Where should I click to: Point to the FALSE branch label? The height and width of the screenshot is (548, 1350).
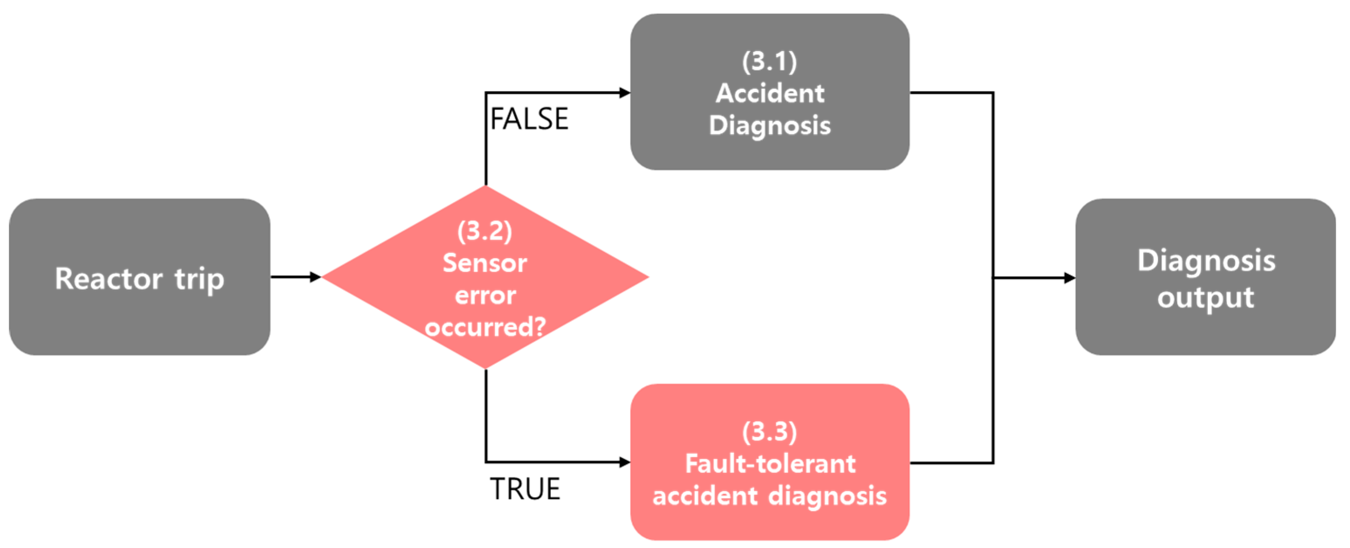pyautogui.click(x=529, y=119)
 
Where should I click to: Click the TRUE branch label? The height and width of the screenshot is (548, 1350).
pyautogui.click(x=525, y=489)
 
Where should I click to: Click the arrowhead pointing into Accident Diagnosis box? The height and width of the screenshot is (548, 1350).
pyautogui.click(x=624, y=93)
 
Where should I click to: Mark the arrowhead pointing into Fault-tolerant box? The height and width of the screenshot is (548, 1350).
pyautogui.click(x=624, y=462)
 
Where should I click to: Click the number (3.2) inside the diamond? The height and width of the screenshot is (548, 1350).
pyautogui.click(x=485, y=231)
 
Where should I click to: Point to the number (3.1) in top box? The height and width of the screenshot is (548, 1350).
pyautogui.click(x=769, y=62)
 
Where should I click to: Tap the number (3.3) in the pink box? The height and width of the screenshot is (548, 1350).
pyautogui.click(x=769, y=431)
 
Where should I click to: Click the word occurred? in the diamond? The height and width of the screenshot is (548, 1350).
pyautogui.click(x=485, y=327)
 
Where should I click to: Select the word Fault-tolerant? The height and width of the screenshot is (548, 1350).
pyautogui.click(x=770, y=463)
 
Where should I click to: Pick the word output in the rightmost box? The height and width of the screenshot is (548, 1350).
pyautogui.click(x=1205, y=298)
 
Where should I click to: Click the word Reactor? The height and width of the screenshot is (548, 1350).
pyautogui.click(x=109, y=278)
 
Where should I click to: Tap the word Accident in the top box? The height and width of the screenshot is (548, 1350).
pyautogui.click(x=770, y=93)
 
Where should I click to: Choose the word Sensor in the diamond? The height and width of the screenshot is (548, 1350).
pyautogui.click(x=485, y=263)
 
